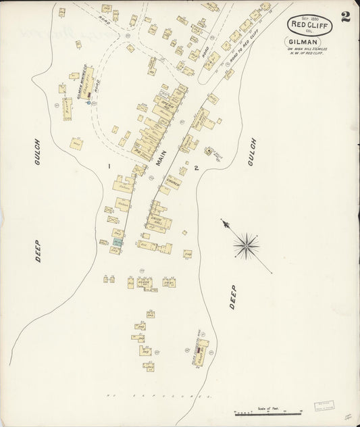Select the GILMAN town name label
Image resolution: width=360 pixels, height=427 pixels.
309,41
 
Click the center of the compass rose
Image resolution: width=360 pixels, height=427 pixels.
247,245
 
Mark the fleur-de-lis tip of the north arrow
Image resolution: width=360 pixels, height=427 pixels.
224,222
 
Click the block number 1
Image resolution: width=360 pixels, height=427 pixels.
108,165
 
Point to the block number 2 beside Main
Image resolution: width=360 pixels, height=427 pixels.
196,168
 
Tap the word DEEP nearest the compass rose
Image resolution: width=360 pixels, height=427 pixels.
232,297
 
